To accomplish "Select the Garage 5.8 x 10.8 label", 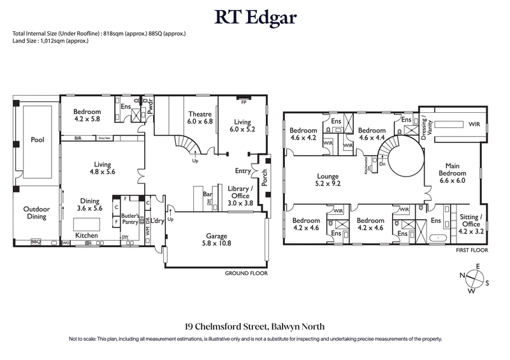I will coord(212,238).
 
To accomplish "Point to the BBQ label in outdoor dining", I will coord(36,242).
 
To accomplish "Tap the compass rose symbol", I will coord(474,278).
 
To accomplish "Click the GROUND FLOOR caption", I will coord(245,273).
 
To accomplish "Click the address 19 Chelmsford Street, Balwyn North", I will coord(255,325).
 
